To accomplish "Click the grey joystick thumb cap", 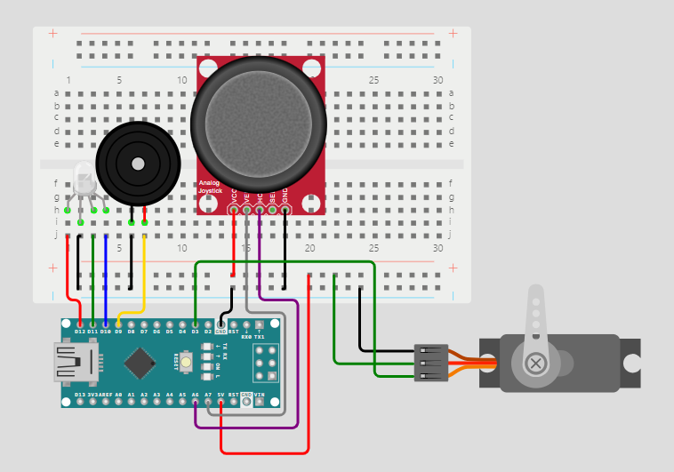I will pos(259,124).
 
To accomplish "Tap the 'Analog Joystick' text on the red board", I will pos(210,187).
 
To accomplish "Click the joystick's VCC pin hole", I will pos(234,211).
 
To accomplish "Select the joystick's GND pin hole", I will pos(285,211).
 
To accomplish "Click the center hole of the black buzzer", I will pos(138,164).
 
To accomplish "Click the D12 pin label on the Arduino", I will pos(80,332).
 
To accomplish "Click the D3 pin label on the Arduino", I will pos(195,332).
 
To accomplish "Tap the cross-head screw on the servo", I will pos(536,363).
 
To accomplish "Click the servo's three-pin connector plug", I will pos(432,363).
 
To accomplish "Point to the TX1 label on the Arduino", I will pos(259,337).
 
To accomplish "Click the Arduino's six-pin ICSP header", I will pos(265,364).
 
